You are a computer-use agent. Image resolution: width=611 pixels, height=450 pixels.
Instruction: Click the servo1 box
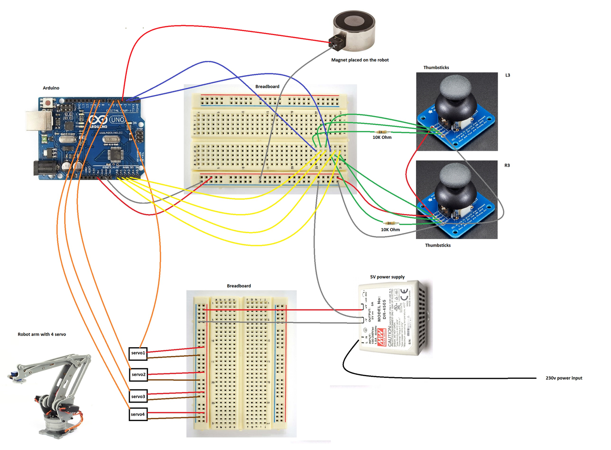point(138,353)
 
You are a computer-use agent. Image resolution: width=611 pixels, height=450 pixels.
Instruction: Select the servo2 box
point(138,374)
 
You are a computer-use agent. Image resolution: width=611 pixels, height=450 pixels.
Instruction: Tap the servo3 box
point(138,396)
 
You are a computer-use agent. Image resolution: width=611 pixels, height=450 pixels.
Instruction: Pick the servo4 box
point(137,414)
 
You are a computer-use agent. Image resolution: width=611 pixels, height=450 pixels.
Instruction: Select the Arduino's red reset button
point(47,103)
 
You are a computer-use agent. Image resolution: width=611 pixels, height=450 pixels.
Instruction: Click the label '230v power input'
point(564,378)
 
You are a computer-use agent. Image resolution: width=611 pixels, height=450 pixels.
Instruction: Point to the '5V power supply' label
point(387,277)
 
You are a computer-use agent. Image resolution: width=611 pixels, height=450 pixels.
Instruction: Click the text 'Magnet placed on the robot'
point(360,60)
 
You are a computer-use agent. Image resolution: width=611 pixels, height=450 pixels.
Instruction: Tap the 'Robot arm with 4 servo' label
point(42,334)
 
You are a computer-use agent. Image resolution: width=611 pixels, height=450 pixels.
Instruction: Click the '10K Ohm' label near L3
point(382,138)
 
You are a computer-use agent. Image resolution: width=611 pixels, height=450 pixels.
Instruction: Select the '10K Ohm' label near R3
point(390,230)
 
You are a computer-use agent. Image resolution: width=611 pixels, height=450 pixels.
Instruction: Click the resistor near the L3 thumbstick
point(382,132)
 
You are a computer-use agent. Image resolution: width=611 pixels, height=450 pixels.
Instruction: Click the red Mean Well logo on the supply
point(381,337)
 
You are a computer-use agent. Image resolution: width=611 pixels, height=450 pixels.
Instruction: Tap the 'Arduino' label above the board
point(51,88)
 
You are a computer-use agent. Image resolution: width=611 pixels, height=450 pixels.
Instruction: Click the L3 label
point(507,75)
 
